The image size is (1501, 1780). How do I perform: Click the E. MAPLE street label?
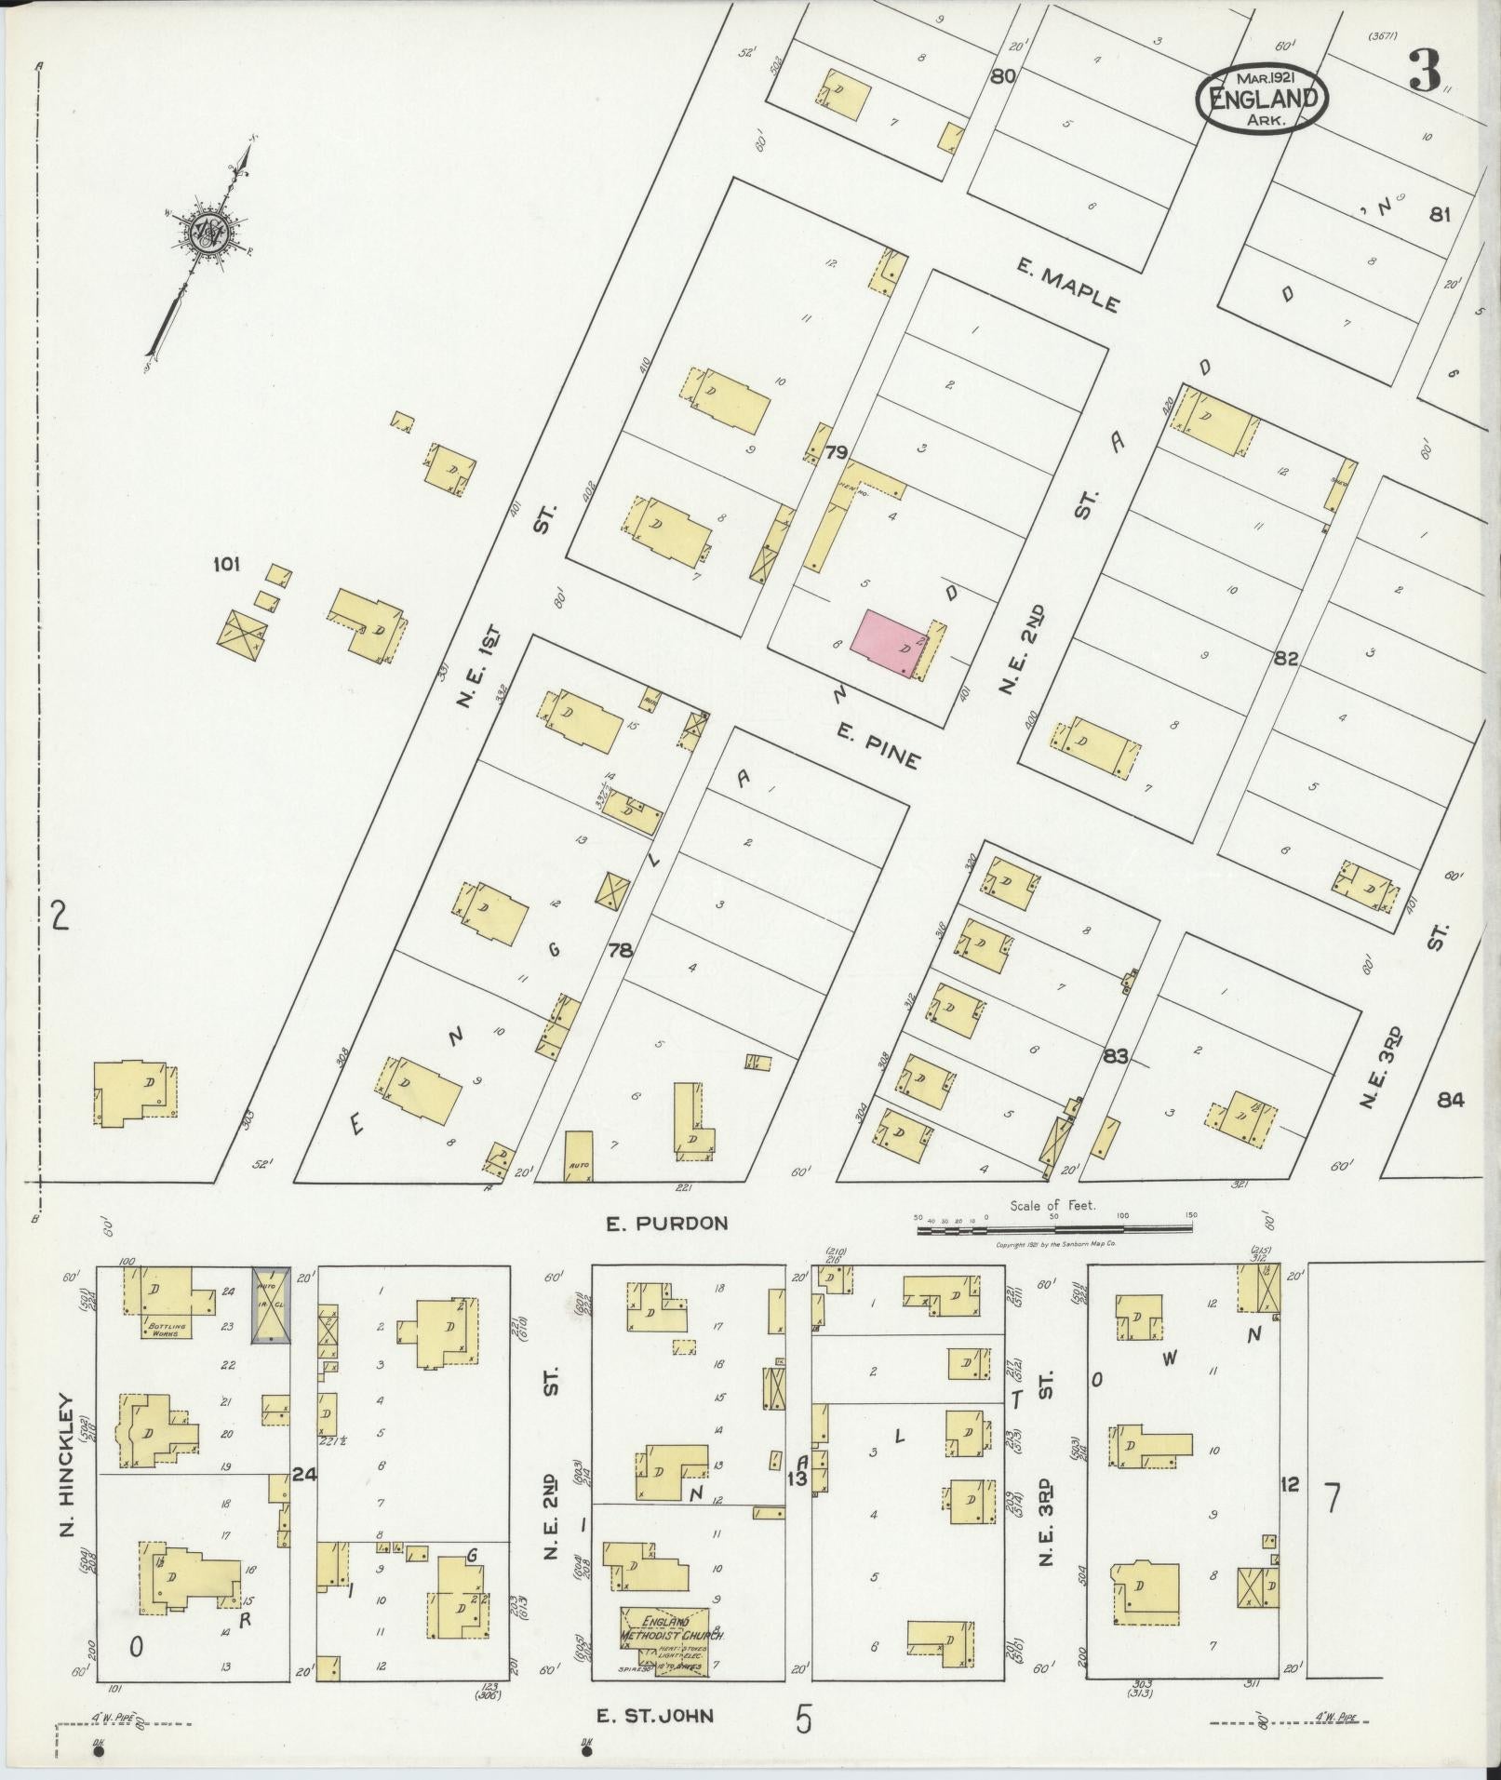coord(1065,287)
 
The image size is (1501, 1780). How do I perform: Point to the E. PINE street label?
coord(878,748)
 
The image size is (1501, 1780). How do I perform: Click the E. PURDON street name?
coord(666,1224)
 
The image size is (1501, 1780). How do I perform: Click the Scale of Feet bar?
coord(1054,1229)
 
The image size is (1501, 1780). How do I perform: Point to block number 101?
coord(226,564)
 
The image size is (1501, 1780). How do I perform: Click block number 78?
coord(620,950)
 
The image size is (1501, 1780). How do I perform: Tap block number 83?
coord(1116,1056)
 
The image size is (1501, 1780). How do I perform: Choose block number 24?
coord(303,1474)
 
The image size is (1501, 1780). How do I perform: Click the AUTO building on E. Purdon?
coord(579,1157)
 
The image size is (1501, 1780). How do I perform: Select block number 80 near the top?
coord(1002,77)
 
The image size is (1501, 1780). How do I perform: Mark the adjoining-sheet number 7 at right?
coord(1333,1499)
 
